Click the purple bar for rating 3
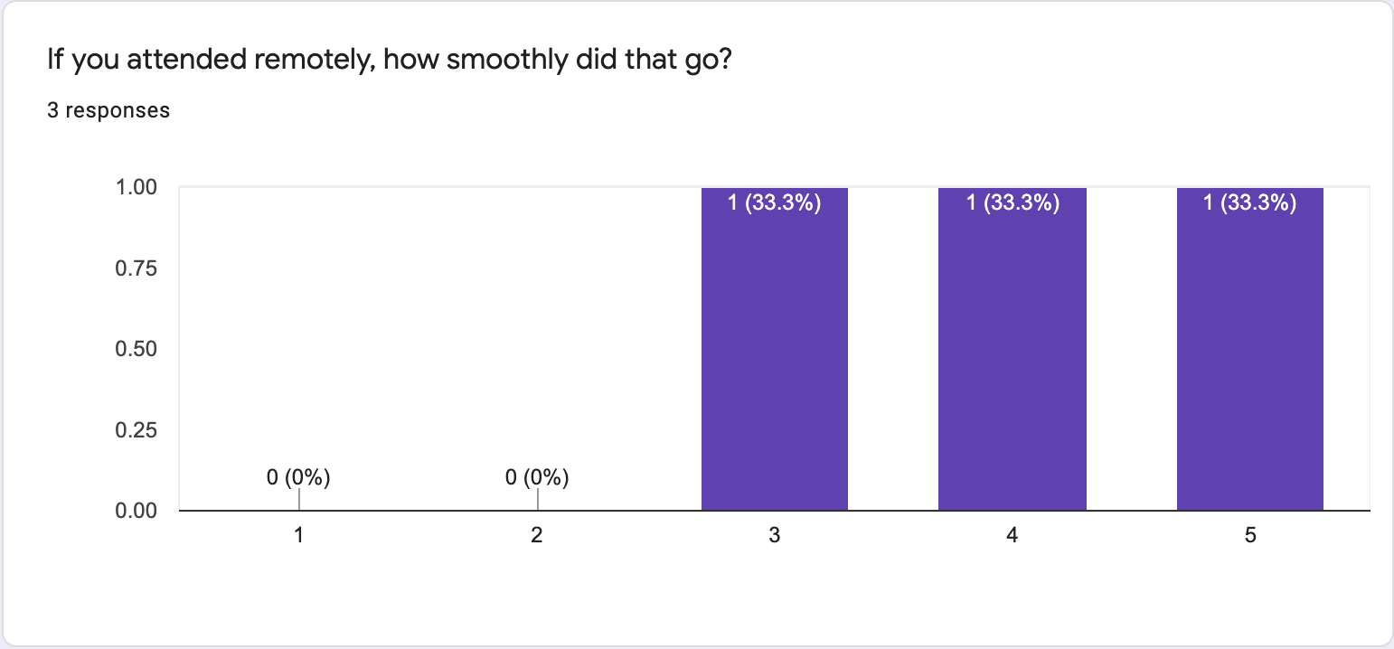(775, 362)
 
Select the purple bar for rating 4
(1013, 362)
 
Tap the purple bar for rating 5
(1250, 362)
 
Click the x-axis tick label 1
(299, 536)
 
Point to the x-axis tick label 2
(537, 536)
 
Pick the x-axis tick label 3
(775, 536)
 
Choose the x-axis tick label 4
(1013, 536)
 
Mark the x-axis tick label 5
(1250, 536)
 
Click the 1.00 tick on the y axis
(137, 188)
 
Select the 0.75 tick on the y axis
(137, 268)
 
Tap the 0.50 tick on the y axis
(137, 349)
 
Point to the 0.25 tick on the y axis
(137, 430)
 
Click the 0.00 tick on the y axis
(137, 511)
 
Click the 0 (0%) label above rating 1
(299, 477)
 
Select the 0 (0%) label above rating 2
(537, 477)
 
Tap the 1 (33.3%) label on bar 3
(775, 203)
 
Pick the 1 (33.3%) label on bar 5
(1250, 203)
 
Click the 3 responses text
(108, 110)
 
